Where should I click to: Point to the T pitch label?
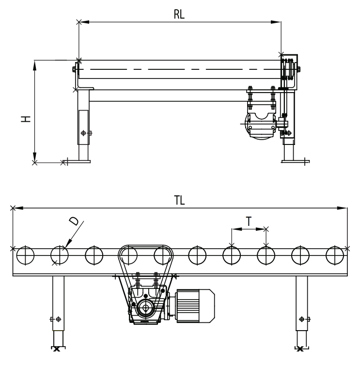[x=249, y=221]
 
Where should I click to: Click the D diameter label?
[x=74, y=222]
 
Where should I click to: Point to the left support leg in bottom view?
[x=58, y=310]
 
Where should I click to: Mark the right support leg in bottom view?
[x=301, y=310]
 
